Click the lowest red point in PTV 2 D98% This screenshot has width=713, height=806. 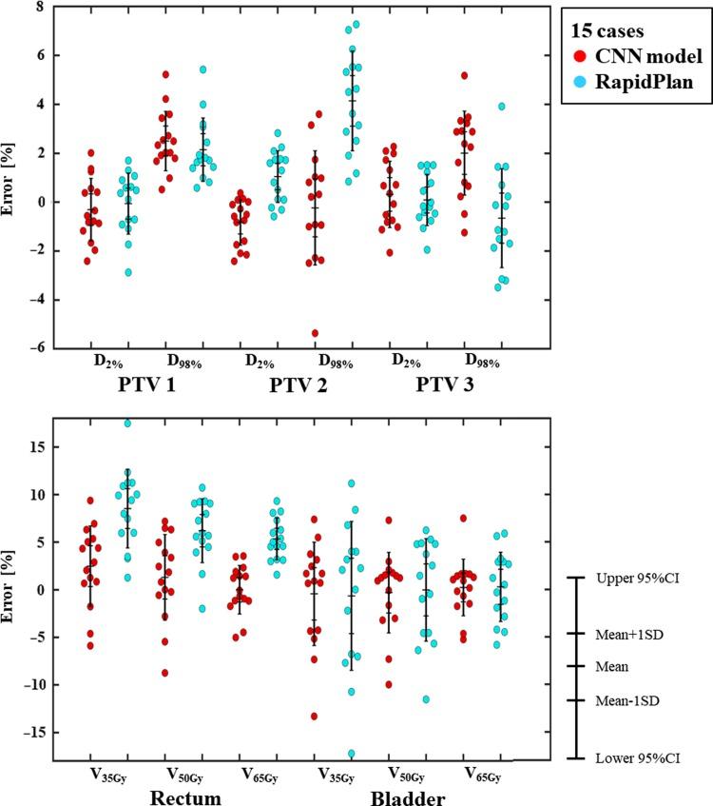[x=315, y=333]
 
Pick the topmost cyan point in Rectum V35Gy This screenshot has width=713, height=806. [x=127, y=423]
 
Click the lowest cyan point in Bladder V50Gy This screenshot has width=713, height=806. [x=426, y=699]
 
